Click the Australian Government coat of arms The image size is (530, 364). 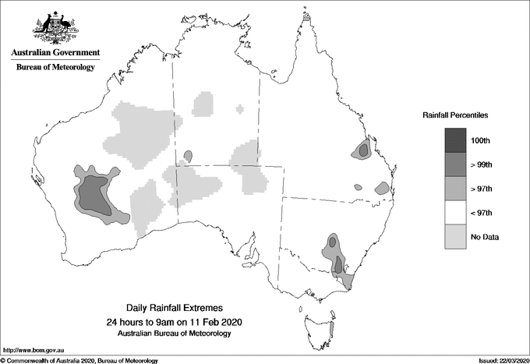[x=55, y=27]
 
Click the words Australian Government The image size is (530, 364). [x=55, y=52]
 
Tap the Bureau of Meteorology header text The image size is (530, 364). [x=55, y=67]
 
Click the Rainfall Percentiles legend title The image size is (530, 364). [x=455, y=115]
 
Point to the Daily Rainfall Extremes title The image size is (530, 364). [x=174, y=309]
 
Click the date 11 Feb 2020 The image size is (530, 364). [x=214, y=321]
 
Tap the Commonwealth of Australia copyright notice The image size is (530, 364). [x=80, y=360]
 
